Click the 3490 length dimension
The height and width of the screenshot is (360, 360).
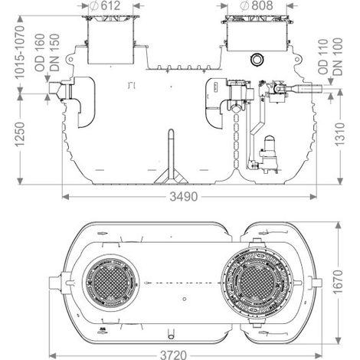pos(184,197)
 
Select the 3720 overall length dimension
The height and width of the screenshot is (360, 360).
pos(173,355)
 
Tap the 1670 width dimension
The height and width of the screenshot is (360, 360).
pos(339,282)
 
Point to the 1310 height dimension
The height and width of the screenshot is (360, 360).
pos(340,134)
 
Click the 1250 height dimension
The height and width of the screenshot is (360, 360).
pos(20,134)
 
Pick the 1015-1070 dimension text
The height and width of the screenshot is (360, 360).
pos(20,52)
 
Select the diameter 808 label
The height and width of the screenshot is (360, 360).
pos(257,5)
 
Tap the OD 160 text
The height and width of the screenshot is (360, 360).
pos(40,53)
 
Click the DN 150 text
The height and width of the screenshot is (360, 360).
pos(54,53)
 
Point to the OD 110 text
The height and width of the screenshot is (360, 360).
pos(323,57)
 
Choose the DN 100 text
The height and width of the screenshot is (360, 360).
pos(338,57)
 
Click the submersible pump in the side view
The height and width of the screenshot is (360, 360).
pos(267,155)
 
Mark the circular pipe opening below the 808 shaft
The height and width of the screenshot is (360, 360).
pos(257,60)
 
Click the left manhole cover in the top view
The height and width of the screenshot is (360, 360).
pos(110,281)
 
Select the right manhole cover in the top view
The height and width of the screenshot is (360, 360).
pos(257,282)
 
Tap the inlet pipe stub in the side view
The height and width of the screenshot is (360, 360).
pos(55,90)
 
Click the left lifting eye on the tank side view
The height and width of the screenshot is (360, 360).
pos(70,60)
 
